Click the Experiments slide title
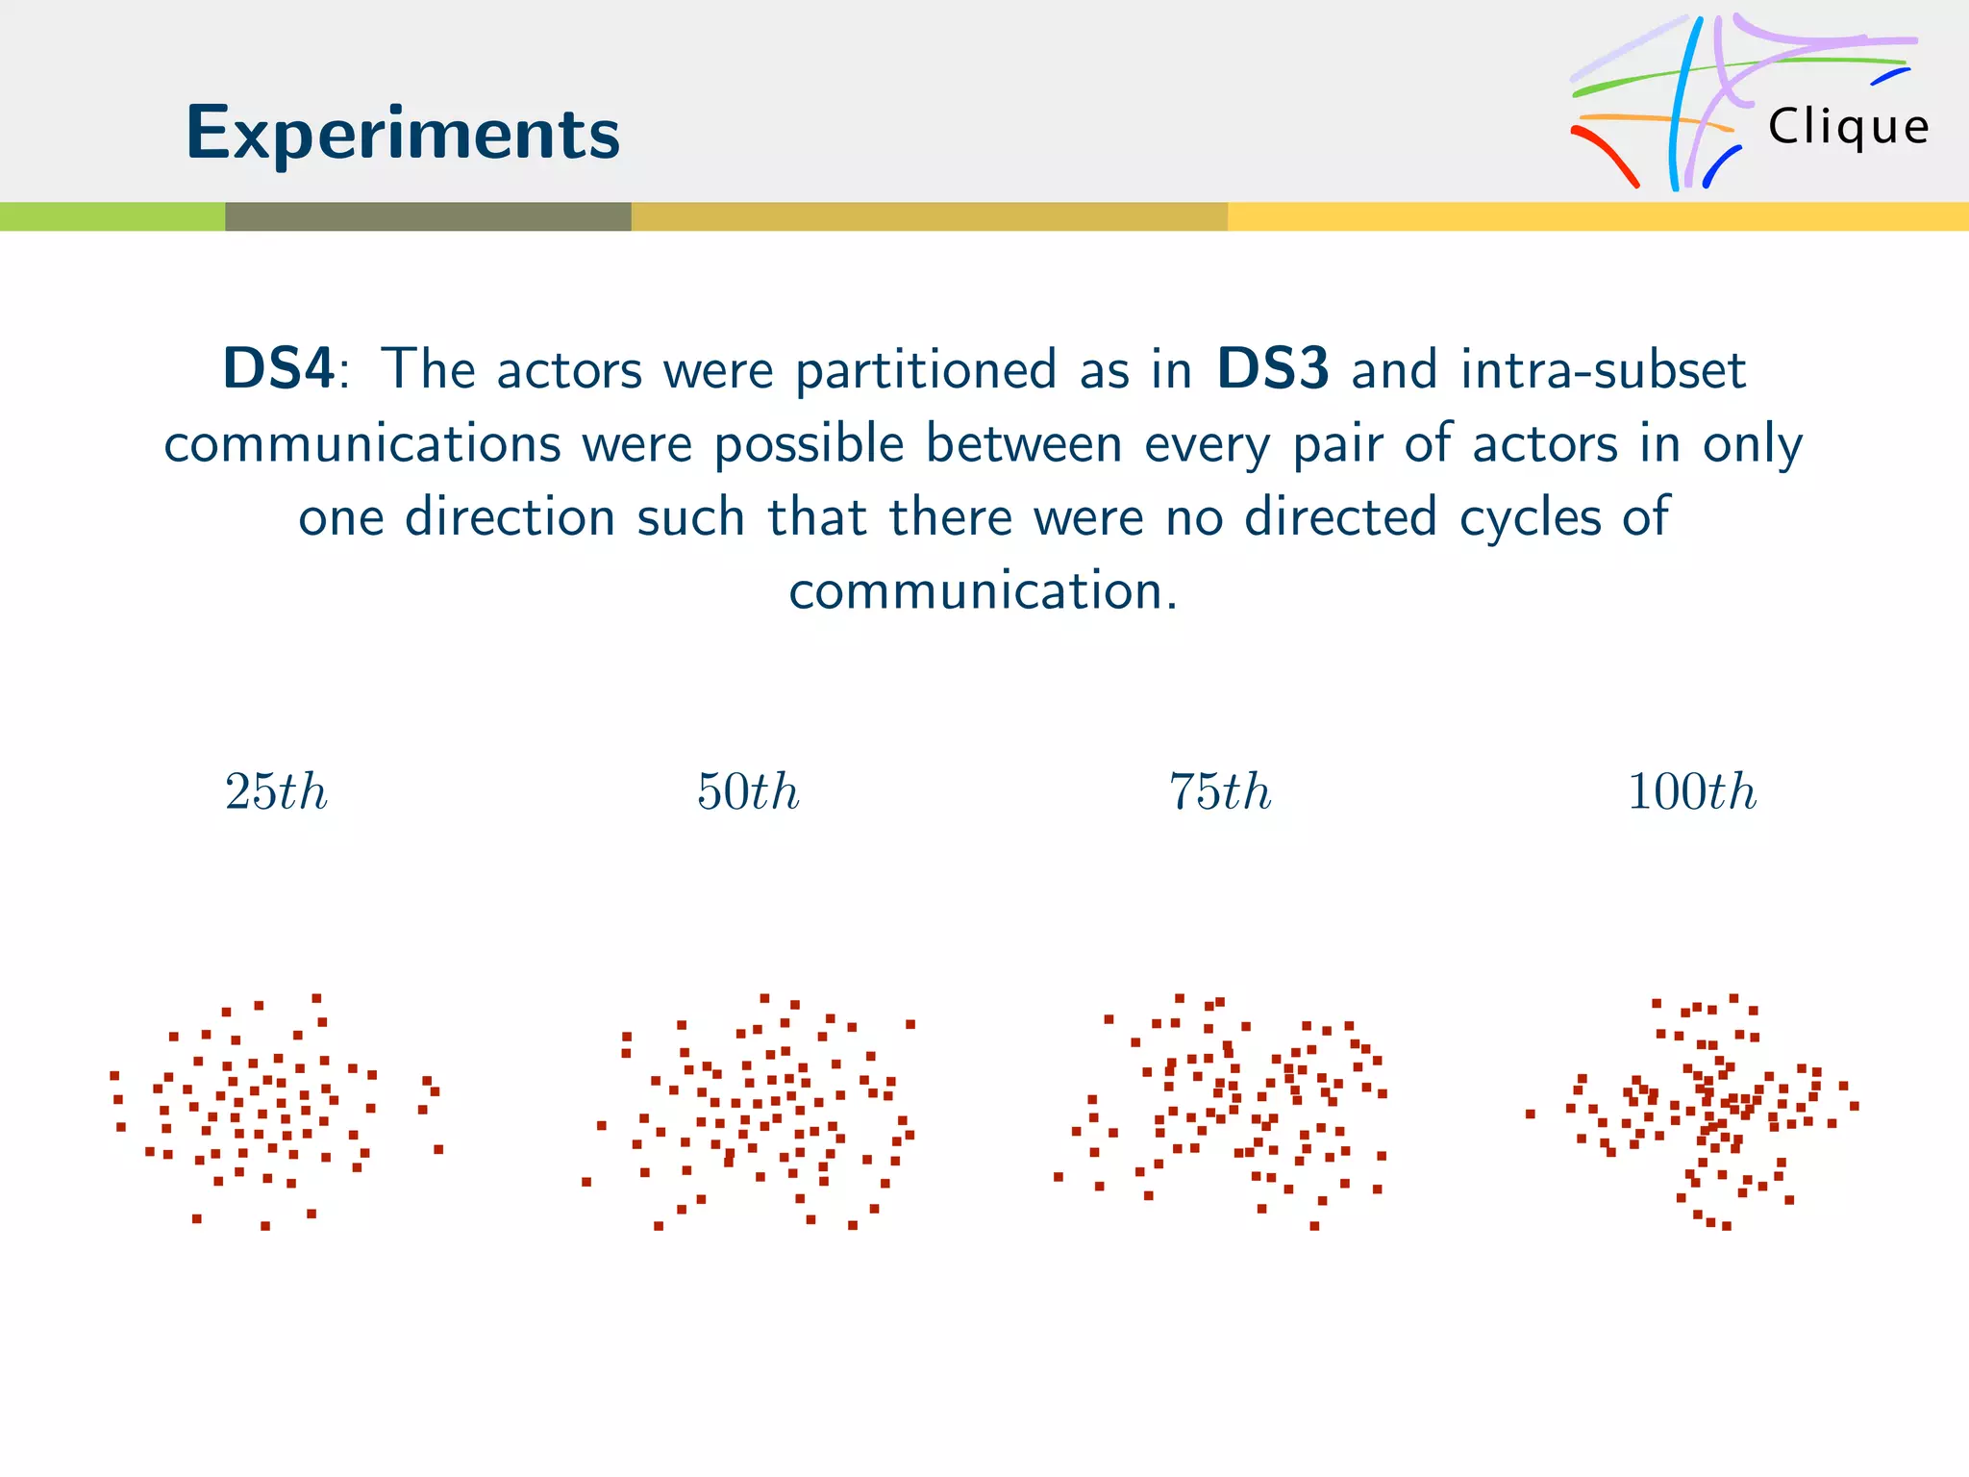[402, 133]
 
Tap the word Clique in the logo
[1848, 127]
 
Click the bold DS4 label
[279, 369]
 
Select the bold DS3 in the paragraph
[1273, 369]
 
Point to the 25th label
[276, 792]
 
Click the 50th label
[748, 792]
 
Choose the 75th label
[1220, 792]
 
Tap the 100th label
[1692, 792]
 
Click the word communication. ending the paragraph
[983, 590]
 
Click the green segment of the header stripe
[112, 216]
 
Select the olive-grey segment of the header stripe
[428, 216]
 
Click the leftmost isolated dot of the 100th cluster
[1530, 1114]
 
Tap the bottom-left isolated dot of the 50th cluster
[586, 1182]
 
